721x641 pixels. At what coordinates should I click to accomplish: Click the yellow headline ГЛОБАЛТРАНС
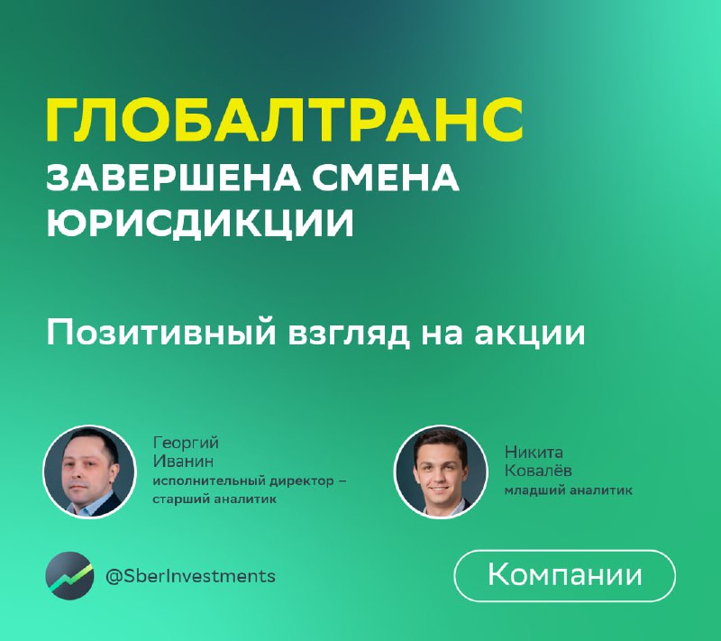click(285, 120)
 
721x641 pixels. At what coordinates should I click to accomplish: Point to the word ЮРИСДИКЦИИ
click(200, 223)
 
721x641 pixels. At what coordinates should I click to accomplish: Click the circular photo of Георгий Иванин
click(89, 472)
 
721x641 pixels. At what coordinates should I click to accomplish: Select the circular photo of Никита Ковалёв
click(441, 472)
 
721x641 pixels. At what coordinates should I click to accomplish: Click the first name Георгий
click(186, 444)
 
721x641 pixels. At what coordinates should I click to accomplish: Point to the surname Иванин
click(183, 461)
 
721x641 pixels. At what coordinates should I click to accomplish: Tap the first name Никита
click(534, 452)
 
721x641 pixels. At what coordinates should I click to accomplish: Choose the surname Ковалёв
click(538, 471)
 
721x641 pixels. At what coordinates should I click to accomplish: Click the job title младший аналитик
click(569, 490)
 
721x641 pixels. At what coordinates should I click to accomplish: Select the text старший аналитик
click(214, 499)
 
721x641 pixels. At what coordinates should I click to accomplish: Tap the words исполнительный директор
click(243, 481)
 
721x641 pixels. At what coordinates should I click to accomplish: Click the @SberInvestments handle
click(190, 576)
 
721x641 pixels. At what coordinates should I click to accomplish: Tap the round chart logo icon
click(69, 576)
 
